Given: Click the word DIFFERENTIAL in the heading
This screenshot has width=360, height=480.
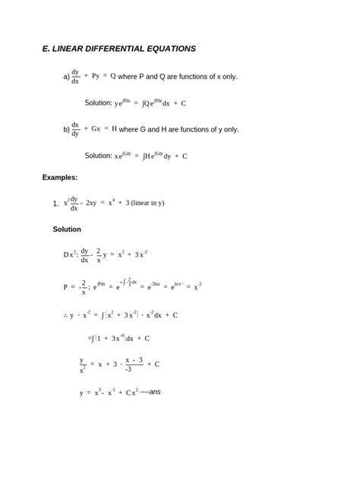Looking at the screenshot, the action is click(x=113, y=49).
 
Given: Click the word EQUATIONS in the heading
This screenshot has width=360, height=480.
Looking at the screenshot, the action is click(x=170, y=49).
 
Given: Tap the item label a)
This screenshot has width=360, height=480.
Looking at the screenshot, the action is click(x=66, y=77).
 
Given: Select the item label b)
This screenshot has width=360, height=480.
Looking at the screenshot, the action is click(x=66, y=130).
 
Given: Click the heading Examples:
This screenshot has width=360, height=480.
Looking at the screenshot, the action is click(x=59, y=178).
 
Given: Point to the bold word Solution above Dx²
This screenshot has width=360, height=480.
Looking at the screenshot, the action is click(x=67, y=229).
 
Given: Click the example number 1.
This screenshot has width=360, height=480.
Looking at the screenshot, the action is click(x=55, y=204).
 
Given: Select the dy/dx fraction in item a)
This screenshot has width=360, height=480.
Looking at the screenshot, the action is click(x=75, y=77).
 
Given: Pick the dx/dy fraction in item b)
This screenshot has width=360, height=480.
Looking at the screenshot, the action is click(x=75, y=129).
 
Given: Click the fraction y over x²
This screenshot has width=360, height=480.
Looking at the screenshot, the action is click(x=82, y=365).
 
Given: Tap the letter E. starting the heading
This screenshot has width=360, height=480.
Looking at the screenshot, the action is click(x=46, y=49).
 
